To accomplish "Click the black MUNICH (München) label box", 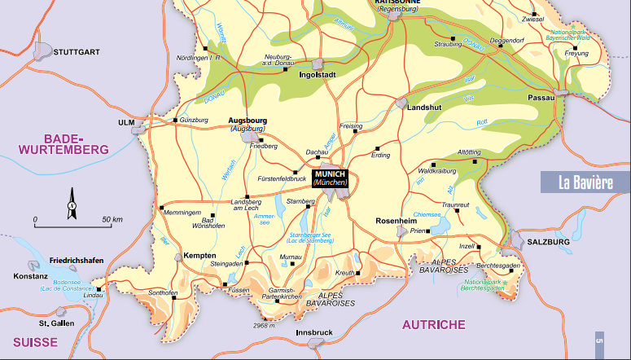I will [331, 178].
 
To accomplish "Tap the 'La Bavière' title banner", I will [585, 182].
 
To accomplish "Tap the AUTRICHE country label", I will [433, 324].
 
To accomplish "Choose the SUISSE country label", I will [29, 342].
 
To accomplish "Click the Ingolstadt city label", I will [318, 74].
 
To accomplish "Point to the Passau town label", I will [541, 97].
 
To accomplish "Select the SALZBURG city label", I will [549, 242].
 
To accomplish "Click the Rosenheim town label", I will [396, 222].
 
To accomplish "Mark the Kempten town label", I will [199, 255].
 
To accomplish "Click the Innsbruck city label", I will [314, 332].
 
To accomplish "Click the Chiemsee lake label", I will [427, 214].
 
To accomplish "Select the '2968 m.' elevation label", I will [265, 326].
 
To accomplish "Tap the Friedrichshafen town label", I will [77, 260].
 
